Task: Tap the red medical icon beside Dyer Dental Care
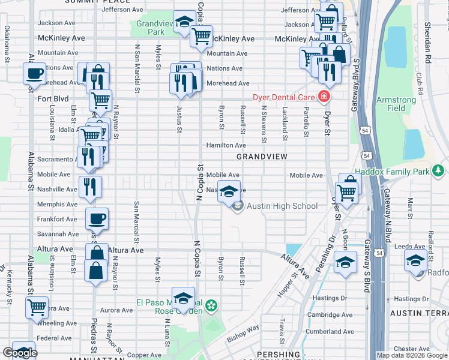click(324, 96)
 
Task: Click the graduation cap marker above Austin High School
click(228, 191)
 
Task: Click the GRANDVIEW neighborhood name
click(262, 156)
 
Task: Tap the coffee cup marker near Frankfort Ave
click(97, 218)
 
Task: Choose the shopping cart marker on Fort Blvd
click(101, 100)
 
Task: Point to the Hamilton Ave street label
click(226, 145)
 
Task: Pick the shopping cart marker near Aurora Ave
click(37, 307)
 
